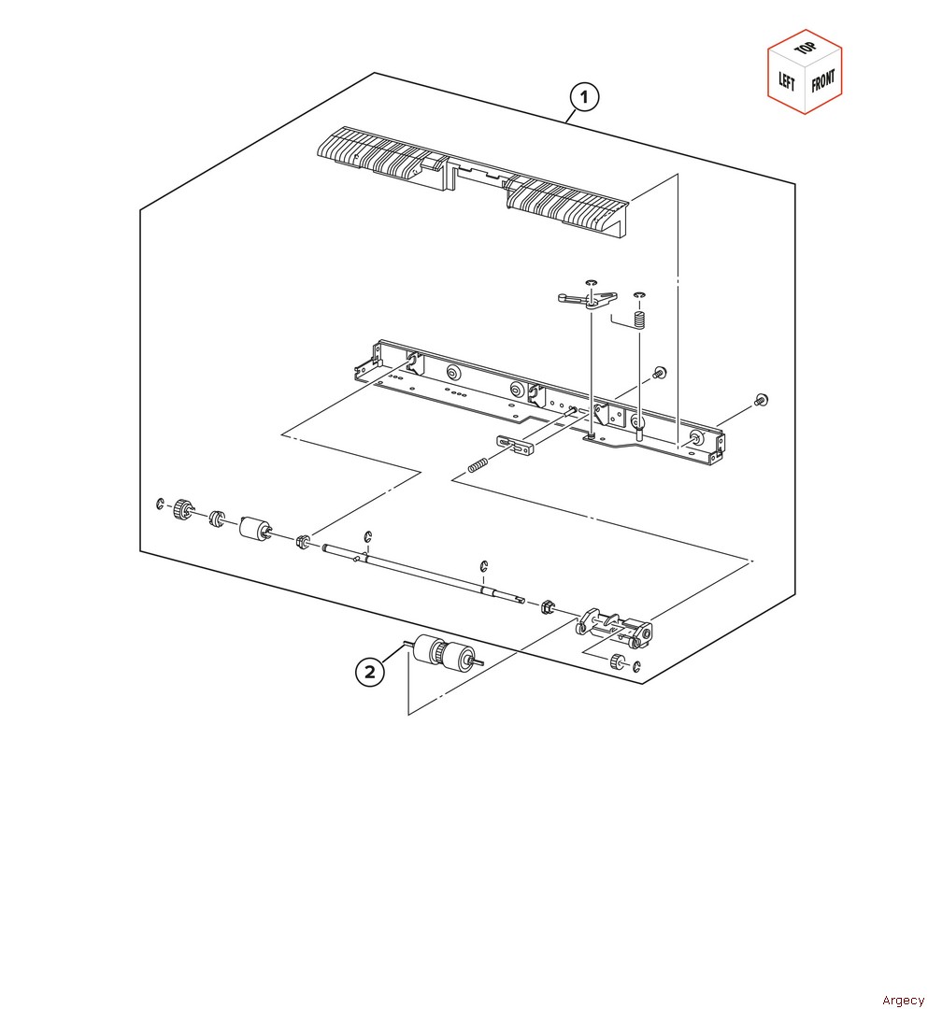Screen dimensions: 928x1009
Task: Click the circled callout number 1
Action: pos(584,97)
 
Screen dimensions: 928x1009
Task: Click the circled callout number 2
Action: pos(369,672)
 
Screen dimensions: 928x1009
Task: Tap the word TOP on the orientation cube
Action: pos(805,49)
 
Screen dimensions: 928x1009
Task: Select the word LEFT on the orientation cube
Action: pos(787,81)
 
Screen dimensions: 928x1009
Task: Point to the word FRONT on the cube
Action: pos(822,81)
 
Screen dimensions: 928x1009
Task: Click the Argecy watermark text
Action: pos(902,1000)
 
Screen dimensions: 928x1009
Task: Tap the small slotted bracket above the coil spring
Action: pos(515,445)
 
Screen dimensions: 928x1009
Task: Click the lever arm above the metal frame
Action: pos(587,299)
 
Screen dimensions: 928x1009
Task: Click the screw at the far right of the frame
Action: pos(761,400)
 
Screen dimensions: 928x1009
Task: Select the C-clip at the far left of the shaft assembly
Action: pos(160,504)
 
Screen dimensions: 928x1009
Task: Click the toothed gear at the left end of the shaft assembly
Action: pos(183,510)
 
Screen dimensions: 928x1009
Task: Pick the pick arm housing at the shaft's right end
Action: pos(614,627)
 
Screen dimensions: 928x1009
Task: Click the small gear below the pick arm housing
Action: pos(618,661)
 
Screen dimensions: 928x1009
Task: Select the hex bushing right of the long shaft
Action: pos(547,606)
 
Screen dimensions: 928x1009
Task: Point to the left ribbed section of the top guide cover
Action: pos(379,153)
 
